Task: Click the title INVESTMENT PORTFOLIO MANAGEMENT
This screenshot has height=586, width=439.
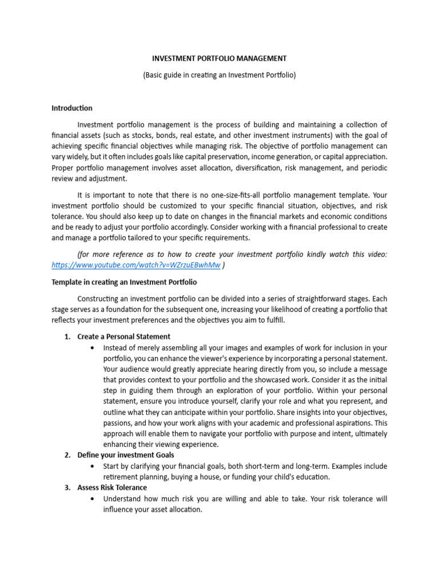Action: (x=219, y=58)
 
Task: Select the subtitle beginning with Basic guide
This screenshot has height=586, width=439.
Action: (x=219, y=75)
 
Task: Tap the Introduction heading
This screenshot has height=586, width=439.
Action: (x=72, y=108)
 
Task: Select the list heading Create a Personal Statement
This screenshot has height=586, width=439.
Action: (x=124, y=336)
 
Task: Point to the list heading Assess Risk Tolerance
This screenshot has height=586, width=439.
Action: (x=112, y=488)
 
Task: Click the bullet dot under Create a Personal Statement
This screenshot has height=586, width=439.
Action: (x=93, y=347)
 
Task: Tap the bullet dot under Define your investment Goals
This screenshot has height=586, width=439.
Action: (x=93, y=466)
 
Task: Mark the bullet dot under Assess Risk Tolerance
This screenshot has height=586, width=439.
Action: (x=93, y=499)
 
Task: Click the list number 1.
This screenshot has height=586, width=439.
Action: (x=67, y=336)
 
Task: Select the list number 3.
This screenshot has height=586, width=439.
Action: (x=67, y=488)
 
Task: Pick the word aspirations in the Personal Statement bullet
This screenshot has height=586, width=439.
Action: (x=350, y=423)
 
